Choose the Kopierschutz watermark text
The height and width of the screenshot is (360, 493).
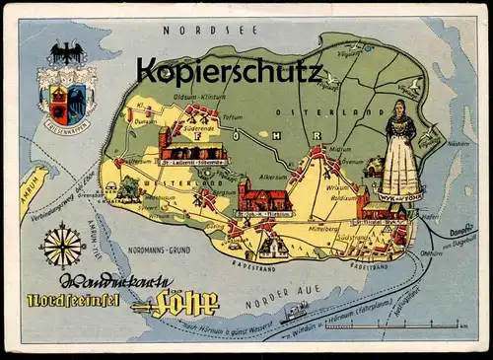point(230,71)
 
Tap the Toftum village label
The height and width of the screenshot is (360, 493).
point(233,115)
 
